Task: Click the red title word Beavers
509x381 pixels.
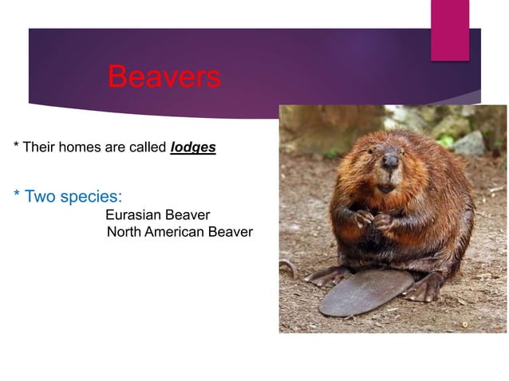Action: (x=164, y=77)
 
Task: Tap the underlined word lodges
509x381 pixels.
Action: (x=193, y=148)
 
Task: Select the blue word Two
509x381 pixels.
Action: (x=40, y=196)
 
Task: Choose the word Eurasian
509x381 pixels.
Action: (x=135, y=214)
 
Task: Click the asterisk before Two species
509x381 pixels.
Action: (x=17, y=195)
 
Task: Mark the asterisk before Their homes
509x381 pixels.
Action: (x=16, y=147)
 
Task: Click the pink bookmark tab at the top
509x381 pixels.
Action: (x=450, y=29)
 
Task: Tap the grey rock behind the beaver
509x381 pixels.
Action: (x=470, y=143)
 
